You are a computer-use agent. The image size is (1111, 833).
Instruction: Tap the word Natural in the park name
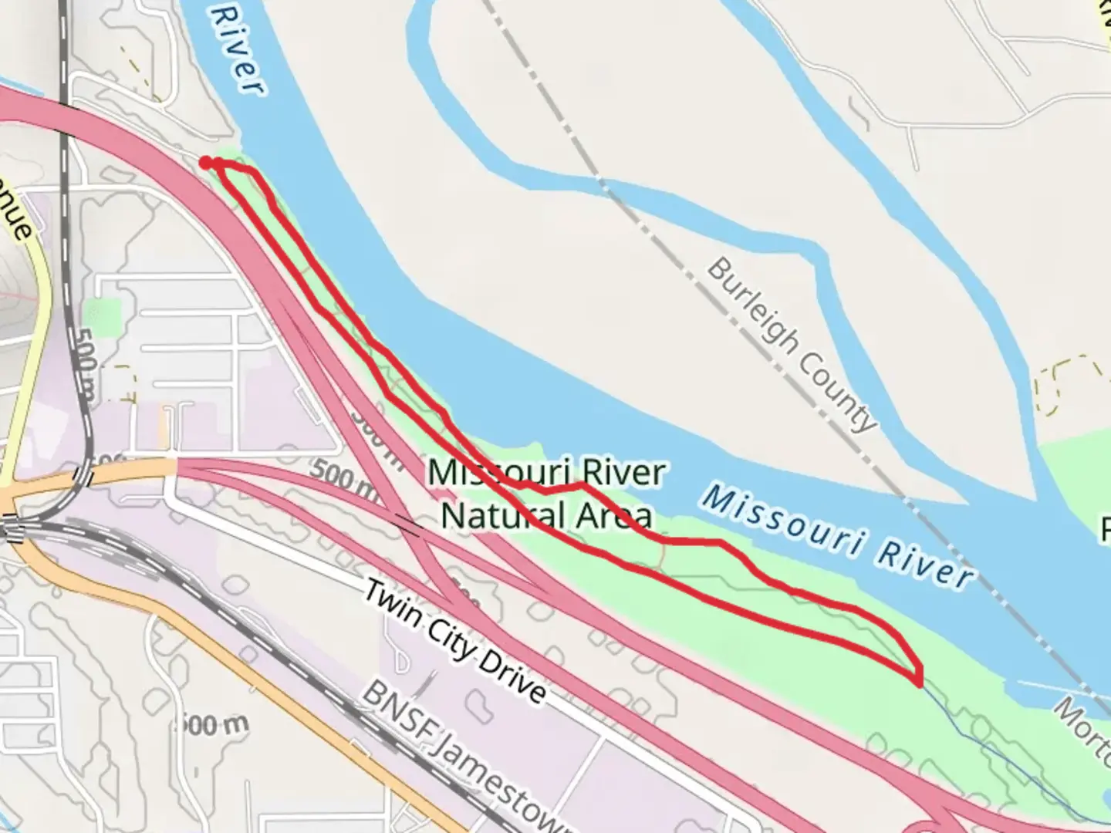(x=494, y=514)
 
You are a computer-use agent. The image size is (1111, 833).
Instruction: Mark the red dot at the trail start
(x=206, y=161)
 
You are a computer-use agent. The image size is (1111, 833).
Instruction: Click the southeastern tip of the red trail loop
(x=918, y=681)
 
